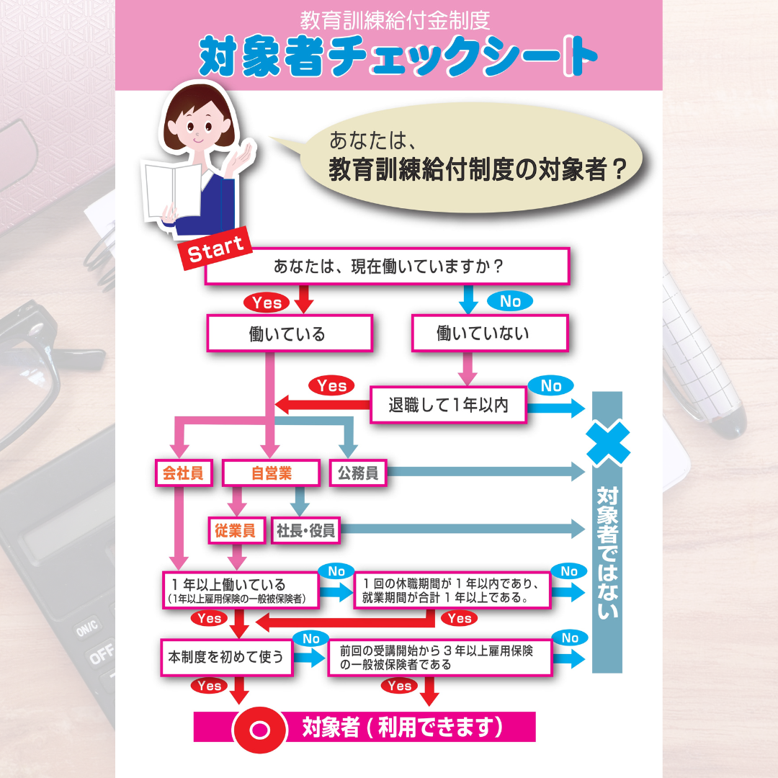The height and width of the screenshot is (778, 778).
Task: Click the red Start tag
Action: [x=215, y=248]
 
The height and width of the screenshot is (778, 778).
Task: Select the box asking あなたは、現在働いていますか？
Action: [x=387, y=266]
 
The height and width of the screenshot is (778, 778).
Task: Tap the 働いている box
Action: [x=290, y=334]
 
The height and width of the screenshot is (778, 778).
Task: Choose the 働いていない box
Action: [x=490, y=333]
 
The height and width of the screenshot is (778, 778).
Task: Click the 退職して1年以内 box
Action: [x=448, y=405]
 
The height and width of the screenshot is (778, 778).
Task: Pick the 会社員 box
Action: [x=184, y=473]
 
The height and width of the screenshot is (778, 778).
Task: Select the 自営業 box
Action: [x=271, y=473]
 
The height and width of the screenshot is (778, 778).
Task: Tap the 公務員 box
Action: [x=358, y=473]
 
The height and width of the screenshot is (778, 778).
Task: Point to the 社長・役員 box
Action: [x=305, y=530]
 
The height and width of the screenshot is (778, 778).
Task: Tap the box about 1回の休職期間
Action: [x=452, y=590]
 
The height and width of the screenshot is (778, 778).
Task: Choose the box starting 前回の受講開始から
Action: [x=440, y=658]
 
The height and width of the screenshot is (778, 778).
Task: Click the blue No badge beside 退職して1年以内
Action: [x=551, y=385]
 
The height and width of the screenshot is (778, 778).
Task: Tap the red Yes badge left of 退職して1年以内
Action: [x=331, y=385]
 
